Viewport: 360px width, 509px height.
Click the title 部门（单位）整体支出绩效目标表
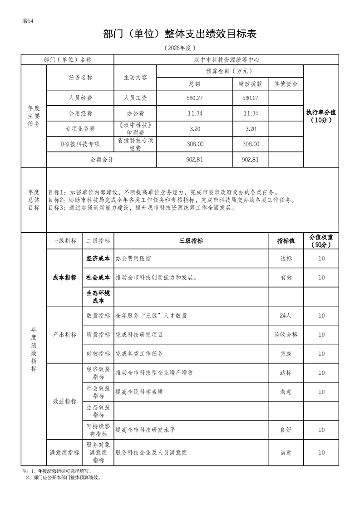pyautogui.click(x=180, y=34)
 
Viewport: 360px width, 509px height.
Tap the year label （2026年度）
pyautogui.click(x=180, y=48)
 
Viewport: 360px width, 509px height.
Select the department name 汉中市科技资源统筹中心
pyautogui.click(x=226, y=59)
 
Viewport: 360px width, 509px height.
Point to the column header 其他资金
pyautogui.click(x=286, y=84)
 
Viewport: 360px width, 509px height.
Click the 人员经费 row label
pyautogui.click(x=80, y=98)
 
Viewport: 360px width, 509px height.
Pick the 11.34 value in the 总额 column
pyautogui.click(x=194, y=113)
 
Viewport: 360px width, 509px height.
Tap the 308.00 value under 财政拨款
pyautogui.click(x=251, y=144)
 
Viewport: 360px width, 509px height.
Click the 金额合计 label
pyautogui.click(x=102, y=160)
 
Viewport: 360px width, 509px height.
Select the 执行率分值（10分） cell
pyautogui.click(x=321, y=117)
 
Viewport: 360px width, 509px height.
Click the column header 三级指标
pyautogui.click(x=191, y=241)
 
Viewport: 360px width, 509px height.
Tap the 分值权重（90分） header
pyautogui.click(x=321, y=241)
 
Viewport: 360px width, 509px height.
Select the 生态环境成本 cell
pyautogui.click(x=98, y=297)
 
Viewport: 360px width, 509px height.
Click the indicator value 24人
pyautogui.click(x=286, y=316)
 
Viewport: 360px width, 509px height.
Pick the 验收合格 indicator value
pyautogui.click(x=286, y=335)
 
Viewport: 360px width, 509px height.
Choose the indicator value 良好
pyautogui.click(x=286, y=430)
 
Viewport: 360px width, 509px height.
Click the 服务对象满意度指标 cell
pyautogui.click(x=98, y=453)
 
